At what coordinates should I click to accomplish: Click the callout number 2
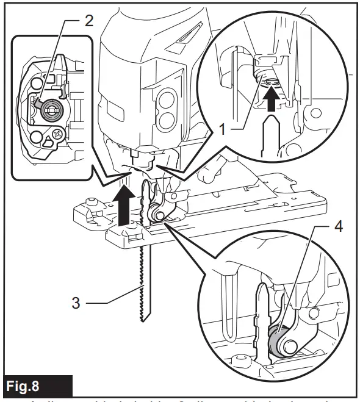(89, 21)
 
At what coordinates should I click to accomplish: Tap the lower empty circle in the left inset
(37, 135)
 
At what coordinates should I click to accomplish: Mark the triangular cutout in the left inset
(47, 142)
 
